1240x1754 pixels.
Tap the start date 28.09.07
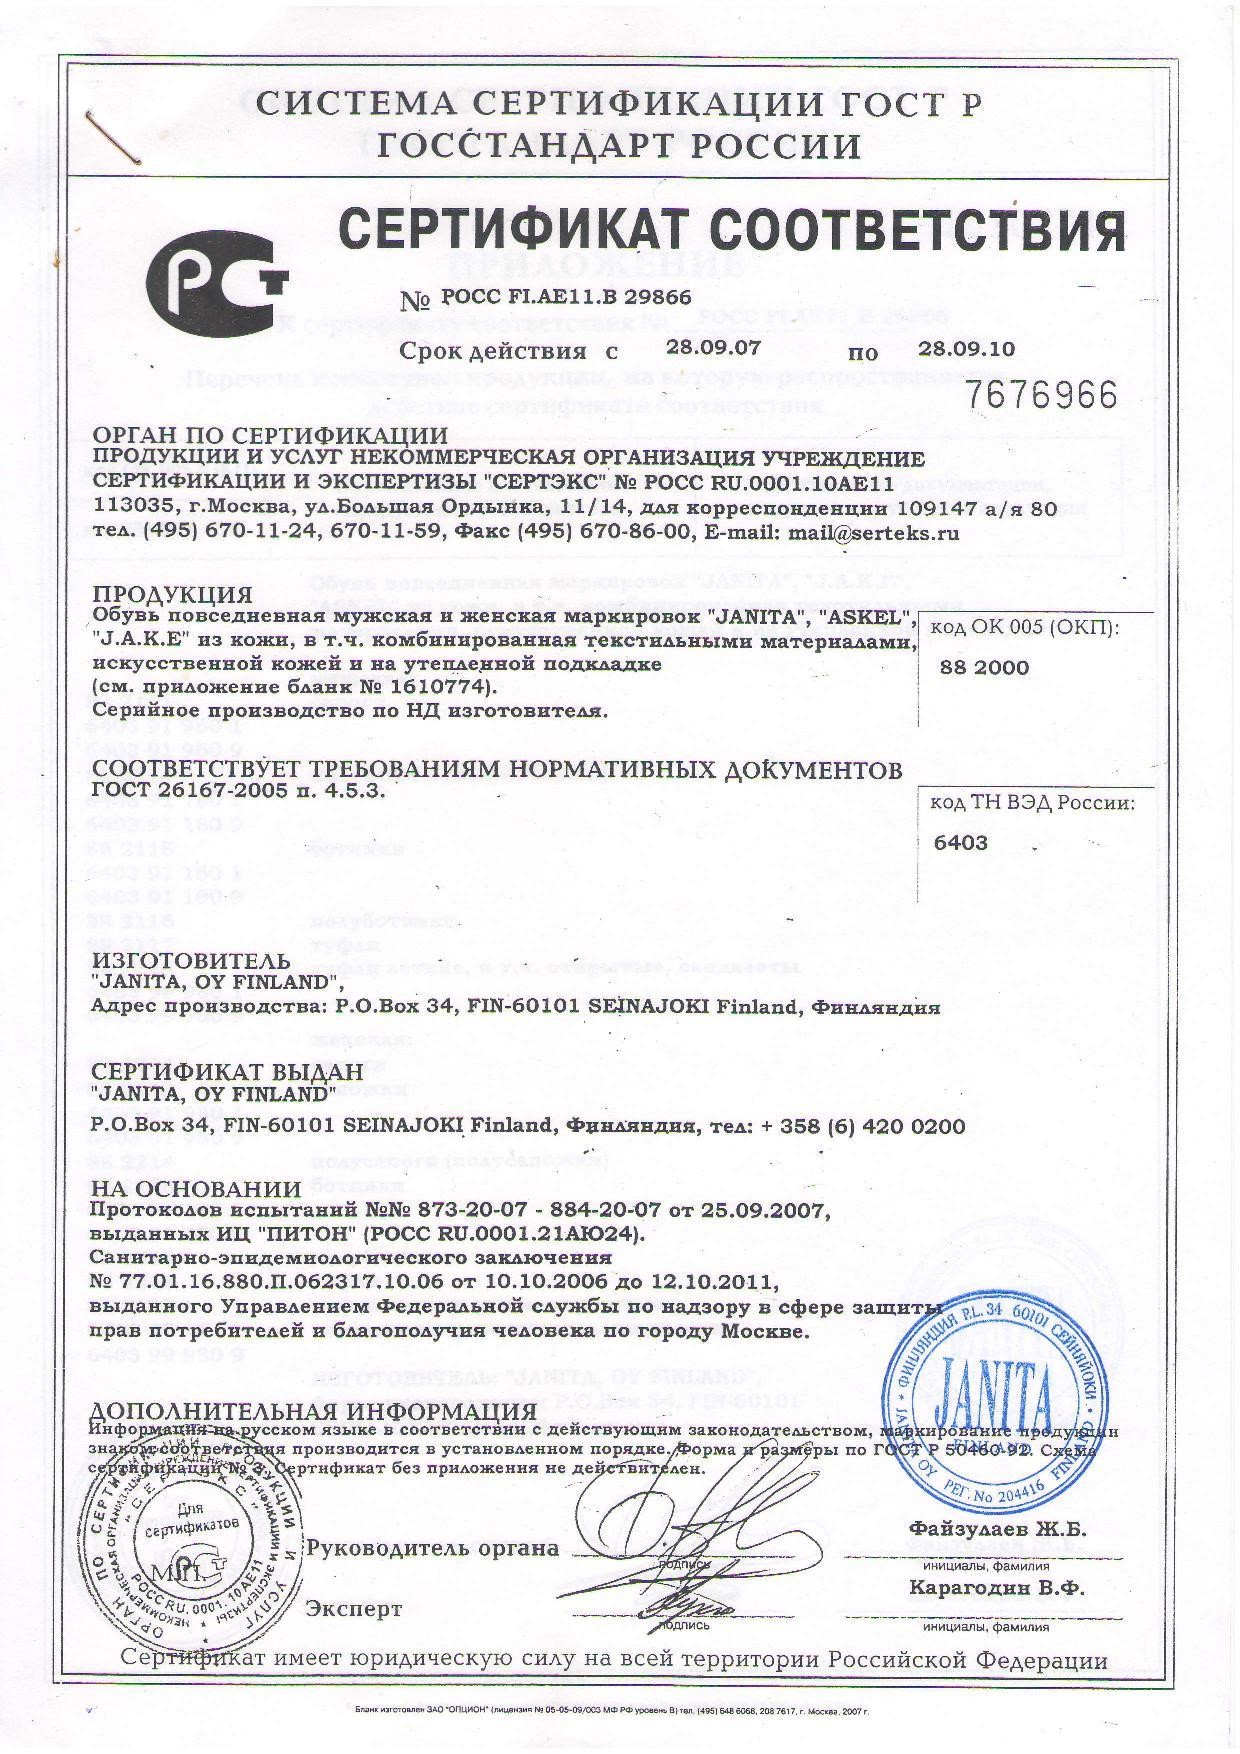[713, 348]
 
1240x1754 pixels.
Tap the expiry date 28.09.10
[966, 348]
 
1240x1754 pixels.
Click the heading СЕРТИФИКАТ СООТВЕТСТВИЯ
[732, 232]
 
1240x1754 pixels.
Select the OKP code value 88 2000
[984, 668]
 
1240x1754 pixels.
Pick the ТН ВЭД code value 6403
[960, 842]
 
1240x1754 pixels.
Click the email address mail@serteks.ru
[874, 533]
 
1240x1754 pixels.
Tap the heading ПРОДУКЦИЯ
[171, 595]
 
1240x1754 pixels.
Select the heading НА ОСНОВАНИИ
[196, 1189]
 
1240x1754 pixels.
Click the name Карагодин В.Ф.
[997, 1589]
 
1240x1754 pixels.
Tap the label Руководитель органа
[433, 1548]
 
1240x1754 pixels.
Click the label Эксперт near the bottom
[354, 1609]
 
